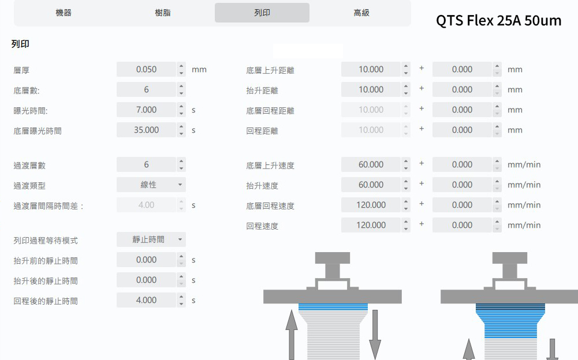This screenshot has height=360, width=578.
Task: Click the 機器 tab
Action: point(64,13)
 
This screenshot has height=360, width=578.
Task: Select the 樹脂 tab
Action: point(163,13)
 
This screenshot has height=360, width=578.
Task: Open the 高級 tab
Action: point(361,13)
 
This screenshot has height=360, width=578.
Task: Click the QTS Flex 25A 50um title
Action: point(499,21)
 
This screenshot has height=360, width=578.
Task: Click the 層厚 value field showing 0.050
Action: point(146,69)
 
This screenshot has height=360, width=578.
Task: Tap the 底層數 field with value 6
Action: point(146,89)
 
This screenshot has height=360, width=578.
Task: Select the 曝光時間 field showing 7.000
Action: point(146,110)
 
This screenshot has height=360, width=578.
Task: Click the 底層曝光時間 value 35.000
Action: point(146,130)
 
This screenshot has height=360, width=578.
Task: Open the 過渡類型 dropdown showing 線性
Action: point(151,185)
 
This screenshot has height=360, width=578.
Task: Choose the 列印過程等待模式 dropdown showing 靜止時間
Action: point(151,239)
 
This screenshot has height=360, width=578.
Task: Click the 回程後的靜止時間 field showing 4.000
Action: point(146,300)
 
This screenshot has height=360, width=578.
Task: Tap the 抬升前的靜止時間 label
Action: point(46,261)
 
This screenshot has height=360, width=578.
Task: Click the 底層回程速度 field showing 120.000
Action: point(371,205)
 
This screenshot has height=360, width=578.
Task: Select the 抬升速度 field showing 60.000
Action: point(371,185)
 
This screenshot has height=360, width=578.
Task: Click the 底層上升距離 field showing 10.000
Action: point(371,69)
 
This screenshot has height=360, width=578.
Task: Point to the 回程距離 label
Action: point(262,131)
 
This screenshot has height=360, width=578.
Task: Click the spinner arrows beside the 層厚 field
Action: point(182,69)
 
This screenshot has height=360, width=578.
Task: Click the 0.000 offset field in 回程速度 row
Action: point(462,225)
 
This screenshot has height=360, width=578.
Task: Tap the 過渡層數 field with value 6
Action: point(146,164)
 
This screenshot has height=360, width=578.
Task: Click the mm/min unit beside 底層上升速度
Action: point(524,164)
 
